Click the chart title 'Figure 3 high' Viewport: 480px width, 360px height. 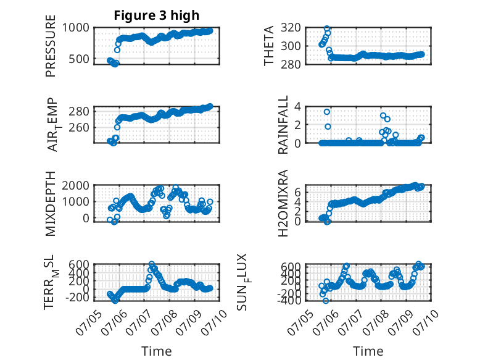pos(157,15)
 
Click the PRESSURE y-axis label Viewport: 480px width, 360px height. pos(51,46)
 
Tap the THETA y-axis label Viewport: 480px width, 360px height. pos(269,46)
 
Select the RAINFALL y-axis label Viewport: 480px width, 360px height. pos(283,125)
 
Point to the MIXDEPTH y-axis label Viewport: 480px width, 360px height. pos(51,204)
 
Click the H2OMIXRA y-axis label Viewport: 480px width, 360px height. pos(283,203)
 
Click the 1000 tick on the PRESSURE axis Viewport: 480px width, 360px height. pos(76,28)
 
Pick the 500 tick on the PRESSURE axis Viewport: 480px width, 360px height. pos(79,59)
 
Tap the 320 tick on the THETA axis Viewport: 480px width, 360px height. pos(291,28)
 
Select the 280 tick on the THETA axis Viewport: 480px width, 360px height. pos(291,64)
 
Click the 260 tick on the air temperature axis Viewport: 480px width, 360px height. pos(79,127)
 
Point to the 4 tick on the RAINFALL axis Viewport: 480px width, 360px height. pos(297,107)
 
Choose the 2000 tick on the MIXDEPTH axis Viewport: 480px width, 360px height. pos(76,185)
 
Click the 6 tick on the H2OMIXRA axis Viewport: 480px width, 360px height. pos(297,193)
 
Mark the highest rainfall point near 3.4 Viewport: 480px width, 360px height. pos(327,112)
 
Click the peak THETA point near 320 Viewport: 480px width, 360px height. pos(327,28)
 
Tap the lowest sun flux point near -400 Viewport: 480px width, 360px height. pos(326,301)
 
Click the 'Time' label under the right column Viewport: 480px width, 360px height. pos(368,351)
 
